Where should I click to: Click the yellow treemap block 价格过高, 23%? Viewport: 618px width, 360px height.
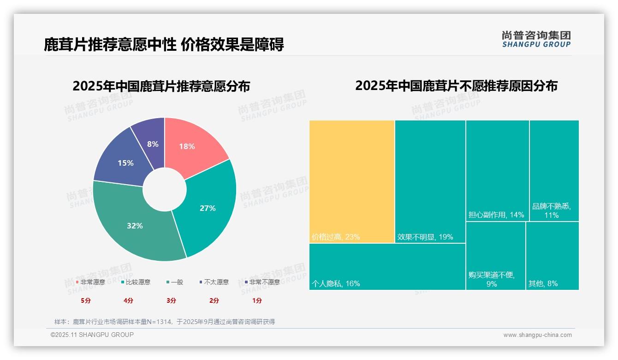[352, 181]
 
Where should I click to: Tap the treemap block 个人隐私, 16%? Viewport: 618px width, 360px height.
[387, 266]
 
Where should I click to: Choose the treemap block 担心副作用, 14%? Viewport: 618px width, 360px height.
[497, 171]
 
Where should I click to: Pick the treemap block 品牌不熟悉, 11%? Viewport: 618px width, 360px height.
[554, 171]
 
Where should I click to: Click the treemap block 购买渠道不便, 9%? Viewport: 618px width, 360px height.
[495, 256]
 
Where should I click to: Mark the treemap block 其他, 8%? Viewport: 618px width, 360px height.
[552, 256]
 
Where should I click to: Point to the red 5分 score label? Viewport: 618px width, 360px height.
[86, 300]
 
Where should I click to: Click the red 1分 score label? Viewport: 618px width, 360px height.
[257, 300]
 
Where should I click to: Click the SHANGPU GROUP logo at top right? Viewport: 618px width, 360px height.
[536, 39]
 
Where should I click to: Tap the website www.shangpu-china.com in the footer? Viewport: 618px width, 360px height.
[537, 335]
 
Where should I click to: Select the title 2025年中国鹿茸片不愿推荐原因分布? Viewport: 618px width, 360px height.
[456, 86]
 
